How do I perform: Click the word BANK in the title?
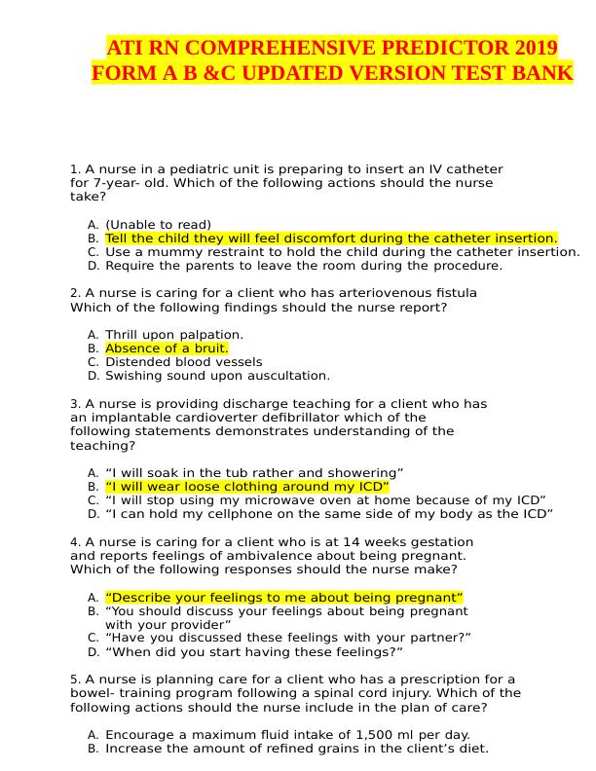pos(543,73)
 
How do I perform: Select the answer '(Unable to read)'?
pos(158,225)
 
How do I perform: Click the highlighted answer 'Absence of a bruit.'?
pos(167,349)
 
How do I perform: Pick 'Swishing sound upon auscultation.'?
pos(217,376)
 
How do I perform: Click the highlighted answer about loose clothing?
pos(246,487)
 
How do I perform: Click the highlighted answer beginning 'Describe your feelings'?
pos(283,597)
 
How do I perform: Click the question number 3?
pos(75,404)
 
